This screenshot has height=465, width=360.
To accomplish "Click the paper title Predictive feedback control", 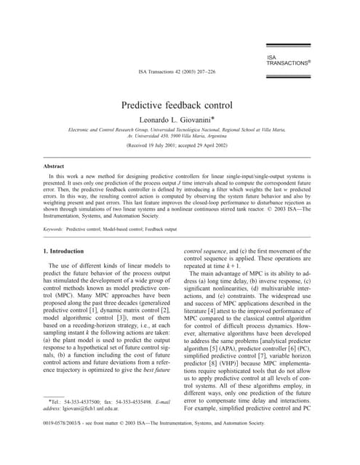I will pyautogui.click(x=180, y=105).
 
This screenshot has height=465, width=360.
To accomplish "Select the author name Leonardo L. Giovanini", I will pyautogui.click(x=180, y=118).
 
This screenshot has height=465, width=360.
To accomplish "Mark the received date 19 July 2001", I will pyautogui.click(x=164, y=145).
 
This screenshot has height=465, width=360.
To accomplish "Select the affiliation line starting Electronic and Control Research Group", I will pyautogui.click(x=180, y=129).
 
